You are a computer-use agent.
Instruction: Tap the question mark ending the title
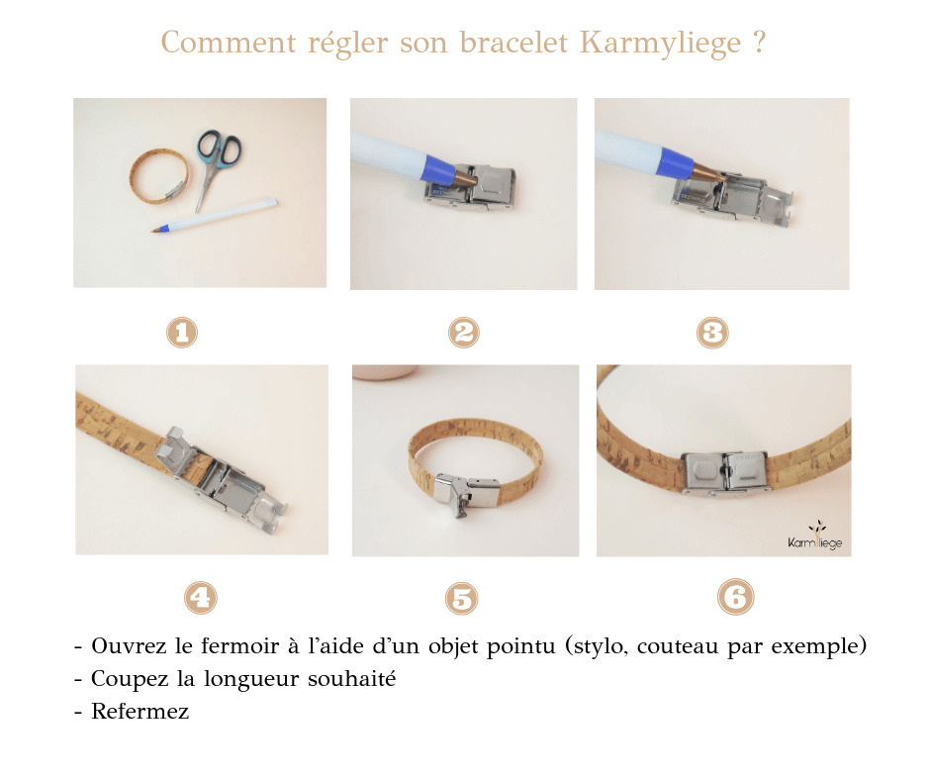pos(758,45)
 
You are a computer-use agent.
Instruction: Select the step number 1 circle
pos(181,333)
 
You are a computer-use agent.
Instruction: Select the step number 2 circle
pos(463,333)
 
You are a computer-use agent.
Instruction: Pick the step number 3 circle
pos(712,333)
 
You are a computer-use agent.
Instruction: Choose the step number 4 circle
pos(200,597)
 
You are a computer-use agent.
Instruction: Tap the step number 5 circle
pos(462,597)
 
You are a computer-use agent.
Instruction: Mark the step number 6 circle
pos(734,597)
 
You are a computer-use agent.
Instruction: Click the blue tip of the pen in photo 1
pos(157,231)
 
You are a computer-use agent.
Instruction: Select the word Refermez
pos(139,712)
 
